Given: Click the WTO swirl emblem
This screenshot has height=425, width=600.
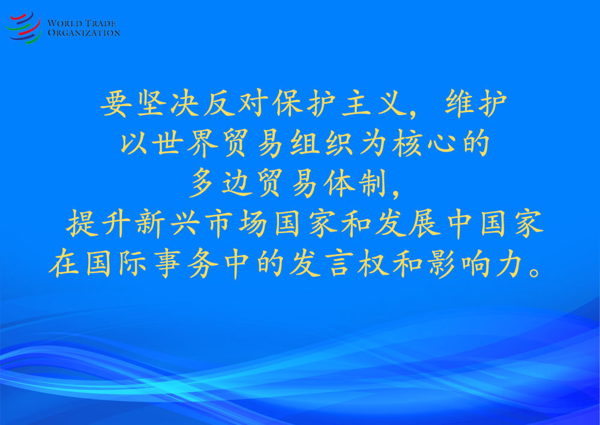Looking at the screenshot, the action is point(24,28).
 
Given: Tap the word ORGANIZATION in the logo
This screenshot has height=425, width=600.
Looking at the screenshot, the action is point(84,33).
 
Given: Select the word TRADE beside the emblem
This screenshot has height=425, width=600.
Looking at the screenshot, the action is point(100,23).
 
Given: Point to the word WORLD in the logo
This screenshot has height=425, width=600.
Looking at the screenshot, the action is point(64,23).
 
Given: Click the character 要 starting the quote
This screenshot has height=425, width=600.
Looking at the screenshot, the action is point(116,104).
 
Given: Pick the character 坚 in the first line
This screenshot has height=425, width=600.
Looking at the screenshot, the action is point(151,104).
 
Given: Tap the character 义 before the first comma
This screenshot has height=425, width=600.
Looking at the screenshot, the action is point(392,104).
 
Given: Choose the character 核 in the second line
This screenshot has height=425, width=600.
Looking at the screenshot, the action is point(407,143).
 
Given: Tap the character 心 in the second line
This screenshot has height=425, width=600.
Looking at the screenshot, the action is point(442,144).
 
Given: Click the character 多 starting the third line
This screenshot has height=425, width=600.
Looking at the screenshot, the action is point(202,183).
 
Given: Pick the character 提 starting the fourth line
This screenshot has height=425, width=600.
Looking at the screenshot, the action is point(81,224).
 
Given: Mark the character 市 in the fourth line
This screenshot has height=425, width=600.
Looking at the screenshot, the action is point(219,224).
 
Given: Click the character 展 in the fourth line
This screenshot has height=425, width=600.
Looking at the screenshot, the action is point(424,224).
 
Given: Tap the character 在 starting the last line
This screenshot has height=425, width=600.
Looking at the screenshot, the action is point(64,264).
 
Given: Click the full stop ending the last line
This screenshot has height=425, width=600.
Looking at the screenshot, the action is point(535,272).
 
